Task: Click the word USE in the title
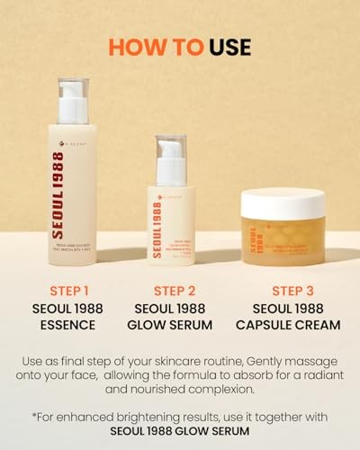227,47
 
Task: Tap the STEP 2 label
175,291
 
